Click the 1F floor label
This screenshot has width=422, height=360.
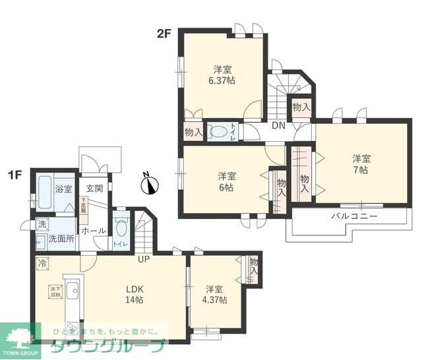pyautogui.click(x=15, y=175)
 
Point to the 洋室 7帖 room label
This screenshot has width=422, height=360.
pyautogui.click(x=360, y=164)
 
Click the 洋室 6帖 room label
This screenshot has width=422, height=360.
pyautogui.click(x=227, y=182)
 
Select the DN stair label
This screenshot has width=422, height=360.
pyautogui.click(x=278, y=127)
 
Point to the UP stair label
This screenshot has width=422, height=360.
pyautogui.click(x=144, y=259)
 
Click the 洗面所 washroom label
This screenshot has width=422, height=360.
pyautogui.click(x=61, y=238)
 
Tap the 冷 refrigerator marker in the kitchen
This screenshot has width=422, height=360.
pyautogui.click(x=44, y=262)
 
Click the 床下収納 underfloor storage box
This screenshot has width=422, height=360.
pyautogui.click(x=54, y=291)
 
